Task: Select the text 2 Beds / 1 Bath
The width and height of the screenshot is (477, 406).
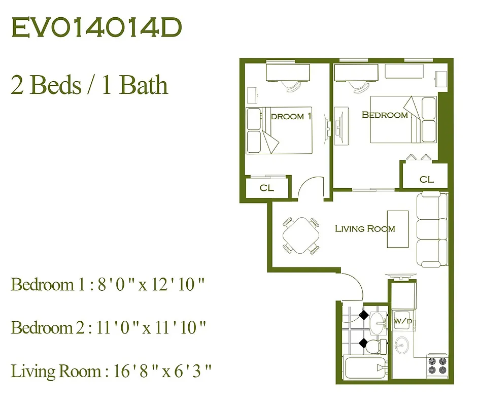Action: pyautogui.click(x=89, y=85)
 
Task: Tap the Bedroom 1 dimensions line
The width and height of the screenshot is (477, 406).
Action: pyautogui.click(x=108, y=285)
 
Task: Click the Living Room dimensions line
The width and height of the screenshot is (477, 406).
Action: pyautogui.click(x=111, y=371)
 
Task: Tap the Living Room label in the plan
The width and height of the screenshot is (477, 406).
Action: pyautogui.click(x=364, y=229)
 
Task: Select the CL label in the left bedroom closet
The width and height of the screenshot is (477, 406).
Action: pyautogui.click(x=267, y=188)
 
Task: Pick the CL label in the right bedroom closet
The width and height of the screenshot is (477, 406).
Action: pyautogui.click(x=427, y=179)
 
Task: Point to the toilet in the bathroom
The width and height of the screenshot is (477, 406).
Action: pyautogui.click(x=374, y=347)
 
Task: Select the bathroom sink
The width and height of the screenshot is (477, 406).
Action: pyautogui.click(x=377, y=321)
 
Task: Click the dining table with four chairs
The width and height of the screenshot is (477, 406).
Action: pyautogui.click(x=301, y=235)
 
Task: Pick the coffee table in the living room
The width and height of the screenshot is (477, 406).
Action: pyautogui.click(x=397, y=229)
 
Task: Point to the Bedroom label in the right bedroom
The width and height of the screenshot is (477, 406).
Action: pyautogui.click(x=385, y=115)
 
